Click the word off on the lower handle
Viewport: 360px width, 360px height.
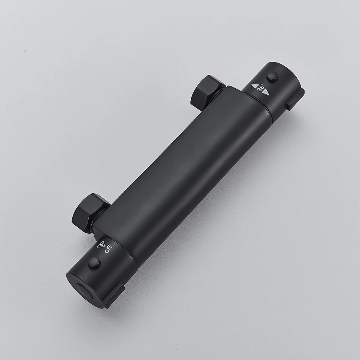coord(108,249)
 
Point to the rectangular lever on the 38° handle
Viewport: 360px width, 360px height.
coord(295,99)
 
